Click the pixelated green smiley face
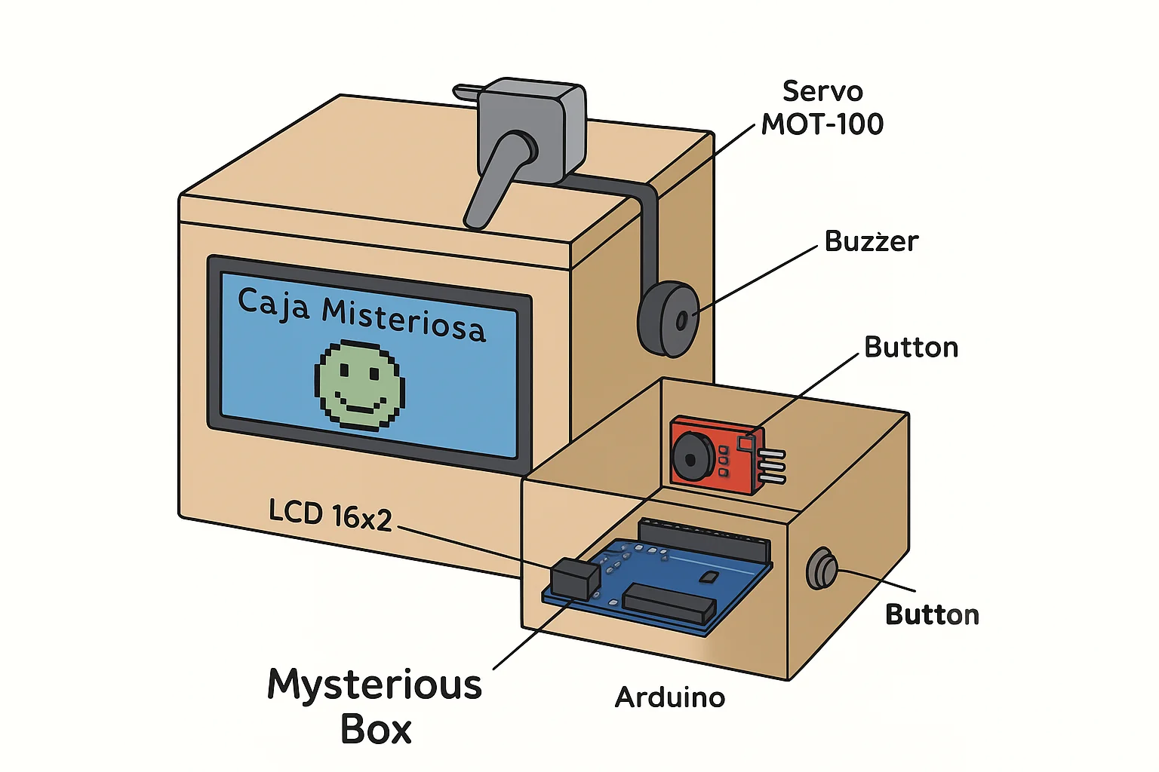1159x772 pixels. pos(360,386)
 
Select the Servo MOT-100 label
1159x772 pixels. pos(822,108)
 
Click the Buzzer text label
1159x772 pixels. pos(872,241)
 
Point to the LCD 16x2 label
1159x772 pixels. pos(330,516)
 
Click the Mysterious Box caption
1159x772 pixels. pos(374,706)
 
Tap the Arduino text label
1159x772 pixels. pos(670,697)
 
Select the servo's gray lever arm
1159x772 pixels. pos(496,179)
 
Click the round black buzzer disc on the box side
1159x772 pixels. pos(669,319)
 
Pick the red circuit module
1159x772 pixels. pos(717,455)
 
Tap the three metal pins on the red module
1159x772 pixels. pos(773,467)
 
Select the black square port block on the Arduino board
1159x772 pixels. pos(575,579)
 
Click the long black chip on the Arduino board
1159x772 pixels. pos(670,602)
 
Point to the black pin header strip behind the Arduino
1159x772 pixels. pos(705,541)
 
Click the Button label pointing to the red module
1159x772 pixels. pos(912,348)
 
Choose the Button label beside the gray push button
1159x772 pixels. pos(933,614)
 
